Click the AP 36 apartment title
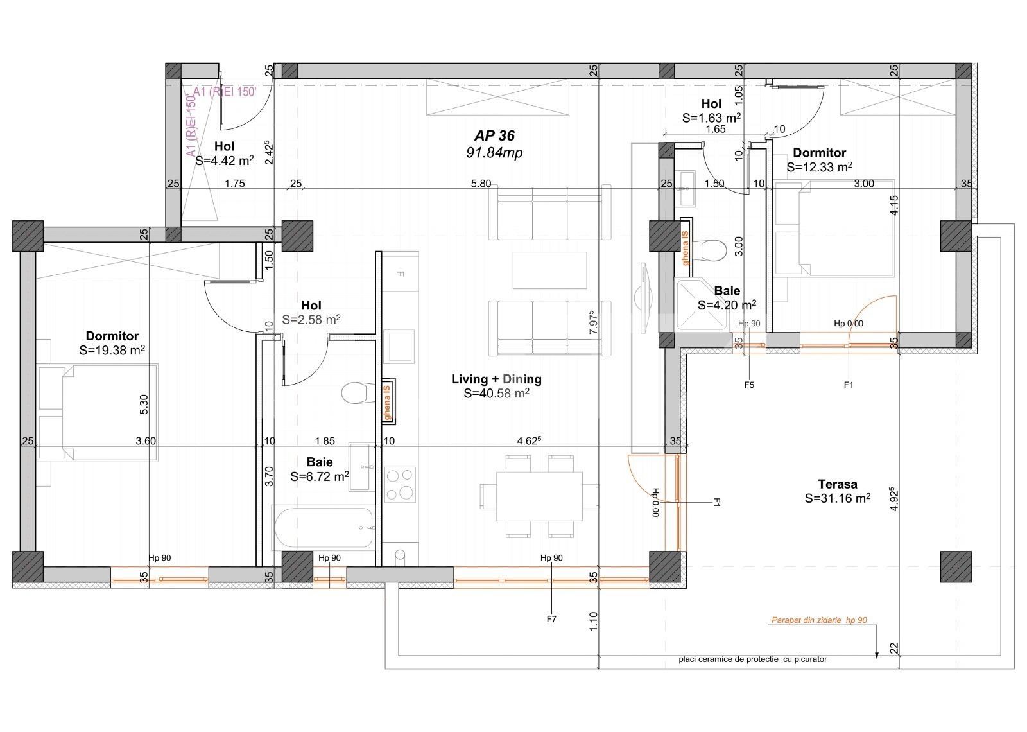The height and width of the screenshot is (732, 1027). (494, 136)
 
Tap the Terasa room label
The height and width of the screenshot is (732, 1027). (837, 485)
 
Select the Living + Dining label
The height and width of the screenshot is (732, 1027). (496, 379)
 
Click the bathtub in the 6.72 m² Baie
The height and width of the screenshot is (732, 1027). (323, 528)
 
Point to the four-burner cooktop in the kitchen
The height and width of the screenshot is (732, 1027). (400, 484)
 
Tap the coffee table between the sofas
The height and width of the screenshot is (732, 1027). (549, 270)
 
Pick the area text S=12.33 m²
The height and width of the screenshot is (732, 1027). (819, 167)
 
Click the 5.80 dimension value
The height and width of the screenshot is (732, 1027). (481, 184)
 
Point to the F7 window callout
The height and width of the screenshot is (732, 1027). (551, 620)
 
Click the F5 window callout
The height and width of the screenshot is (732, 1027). (748, 385)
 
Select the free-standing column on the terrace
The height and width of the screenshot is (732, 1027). (956, 567)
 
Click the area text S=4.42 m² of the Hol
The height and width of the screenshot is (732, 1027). (224, 161)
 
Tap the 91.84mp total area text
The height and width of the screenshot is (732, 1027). (494, 153)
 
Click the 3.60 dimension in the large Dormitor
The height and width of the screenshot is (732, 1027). (146, 441)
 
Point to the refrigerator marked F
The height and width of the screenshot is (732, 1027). (400, 274)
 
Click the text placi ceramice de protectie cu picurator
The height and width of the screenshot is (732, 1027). (752, 659)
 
